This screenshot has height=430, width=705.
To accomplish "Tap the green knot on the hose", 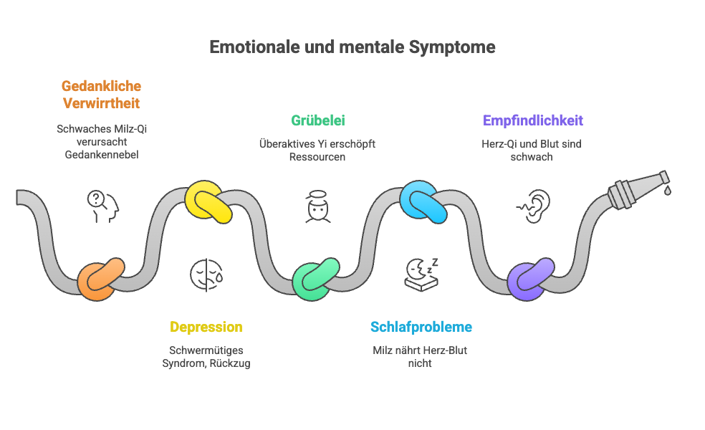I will (316, 279).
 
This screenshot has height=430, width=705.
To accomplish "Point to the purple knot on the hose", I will (530, 279).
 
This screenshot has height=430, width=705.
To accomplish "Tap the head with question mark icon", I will (102, 206).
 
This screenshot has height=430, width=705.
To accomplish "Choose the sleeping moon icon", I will (422, 274).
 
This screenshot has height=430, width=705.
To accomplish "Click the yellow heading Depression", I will (206, 328).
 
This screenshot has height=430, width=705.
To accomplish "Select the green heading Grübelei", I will (317, 120).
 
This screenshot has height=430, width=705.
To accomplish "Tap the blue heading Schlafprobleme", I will (421, 328).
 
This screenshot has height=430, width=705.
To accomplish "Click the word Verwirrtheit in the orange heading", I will (101, 103).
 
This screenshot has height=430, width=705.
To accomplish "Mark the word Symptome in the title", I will (452, 47).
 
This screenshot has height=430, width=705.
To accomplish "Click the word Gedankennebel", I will (101, 155).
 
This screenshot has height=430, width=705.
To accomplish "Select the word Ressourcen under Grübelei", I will (317, 156).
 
